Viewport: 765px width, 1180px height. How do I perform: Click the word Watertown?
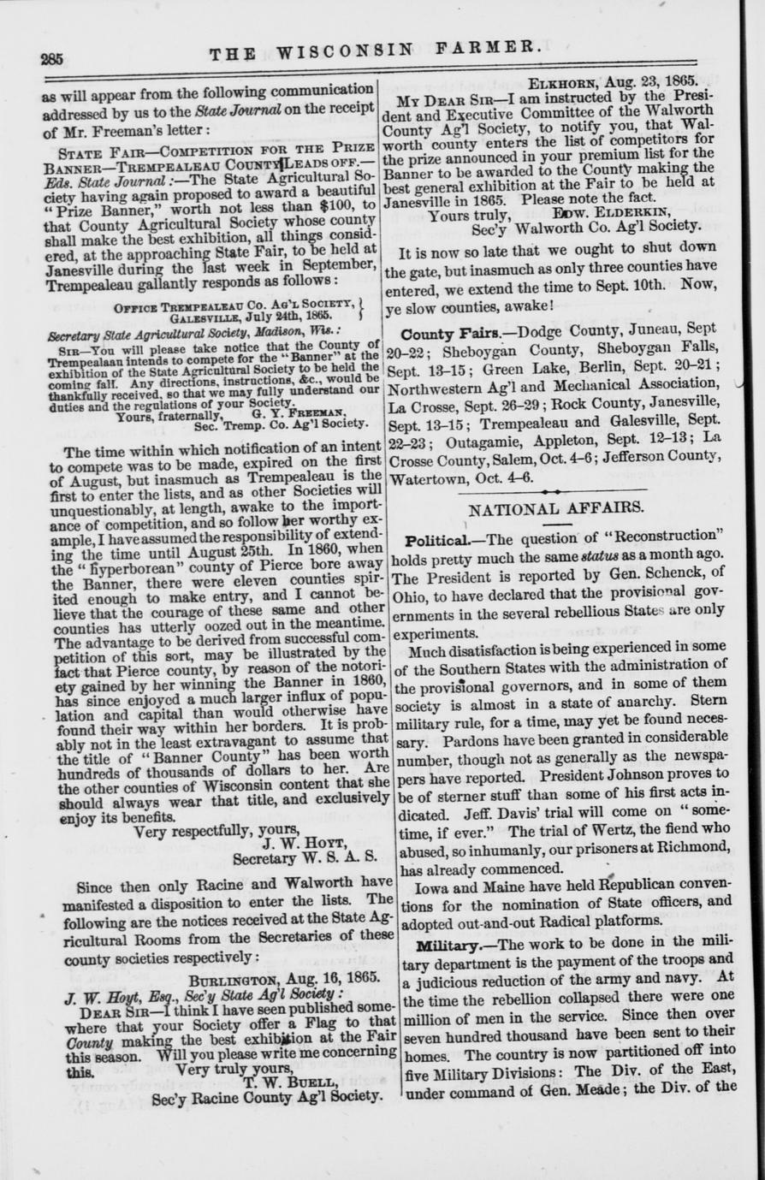tap(431, 478)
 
